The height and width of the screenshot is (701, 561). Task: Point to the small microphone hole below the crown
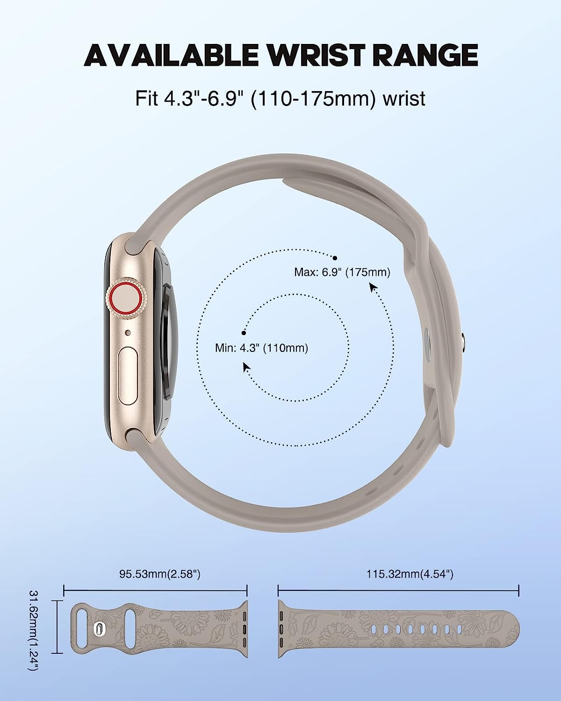[129, 333]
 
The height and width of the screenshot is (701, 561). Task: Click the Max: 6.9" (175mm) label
[342, 272]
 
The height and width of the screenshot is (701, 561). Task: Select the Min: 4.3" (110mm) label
[261, 348]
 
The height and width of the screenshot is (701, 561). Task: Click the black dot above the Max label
[335, 258]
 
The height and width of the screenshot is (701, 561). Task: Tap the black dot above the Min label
[244, 333]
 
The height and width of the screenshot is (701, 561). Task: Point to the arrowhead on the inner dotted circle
[245, 366]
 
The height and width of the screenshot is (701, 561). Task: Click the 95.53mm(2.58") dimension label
[159, 574]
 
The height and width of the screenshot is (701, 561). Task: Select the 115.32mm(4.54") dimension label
[410, 574]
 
